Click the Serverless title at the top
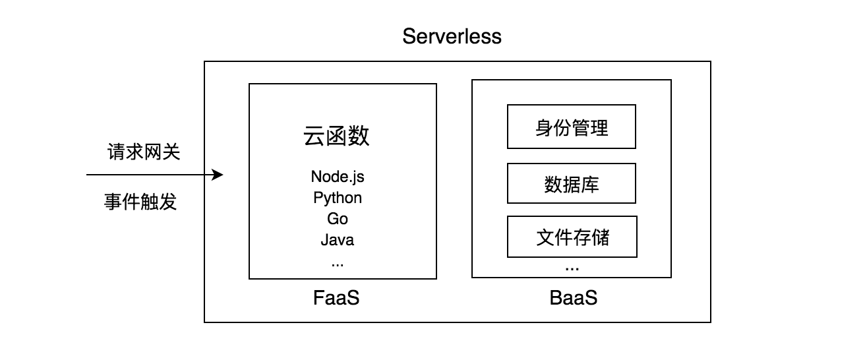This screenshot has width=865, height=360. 452,36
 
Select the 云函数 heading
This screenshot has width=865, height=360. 336,136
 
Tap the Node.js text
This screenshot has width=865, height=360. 338,177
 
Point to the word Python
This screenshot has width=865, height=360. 338,198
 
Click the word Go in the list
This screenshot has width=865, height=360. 338,219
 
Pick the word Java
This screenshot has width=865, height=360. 338,239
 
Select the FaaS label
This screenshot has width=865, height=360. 336,298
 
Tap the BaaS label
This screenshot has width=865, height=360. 573,298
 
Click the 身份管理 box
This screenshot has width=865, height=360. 572,127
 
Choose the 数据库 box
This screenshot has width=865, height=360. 572,184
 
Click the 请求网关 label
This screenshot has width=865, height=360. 144,152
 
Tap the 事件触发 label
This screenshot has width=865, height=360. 140,202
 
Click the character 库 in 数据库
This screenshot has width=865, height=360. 590,184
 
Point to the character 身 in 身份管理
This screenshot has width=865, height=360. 545,127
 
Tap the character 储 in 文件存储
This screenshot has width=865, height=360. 600,237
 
